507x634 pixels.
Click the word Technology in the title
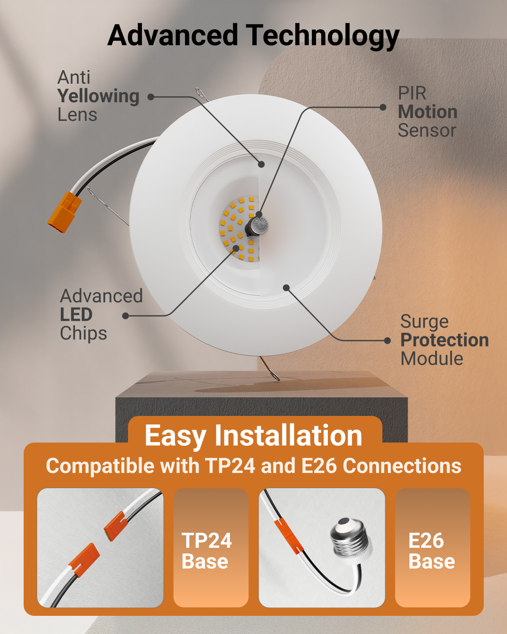click(x=322, y=36)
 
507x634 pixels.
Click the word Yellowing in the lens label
click(x=98, y=97)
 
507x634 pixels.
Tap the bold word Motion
click(x=428, y=112)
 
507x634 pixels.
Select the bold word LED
click(x=76, y=314)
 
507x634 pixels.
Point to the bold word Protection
click(x=444, y=341)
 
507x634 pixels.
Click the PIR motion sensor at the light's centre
click(x=258, y=226)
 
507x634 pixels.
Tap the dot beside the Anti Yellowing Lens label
click(x=151, y=97)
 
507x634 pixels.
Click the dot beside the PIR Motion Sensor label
click(x=383, y=107)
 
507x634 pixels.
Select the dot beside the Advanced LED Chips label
click(x=125, y=316)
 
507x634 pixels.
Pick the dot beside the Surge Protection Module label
click(x=387, y=341)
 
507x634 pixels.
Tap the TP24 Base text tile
click(x=211, y=548)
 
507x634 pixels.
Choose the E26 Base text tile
click(x=433, y=548)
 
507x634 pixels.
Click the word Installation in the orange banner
click(x=288, y=436)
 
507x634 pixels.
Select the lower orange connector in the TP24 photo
click(x=85, y=560)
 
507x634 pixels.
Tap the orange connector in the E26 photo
click(x=289, y=536)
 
